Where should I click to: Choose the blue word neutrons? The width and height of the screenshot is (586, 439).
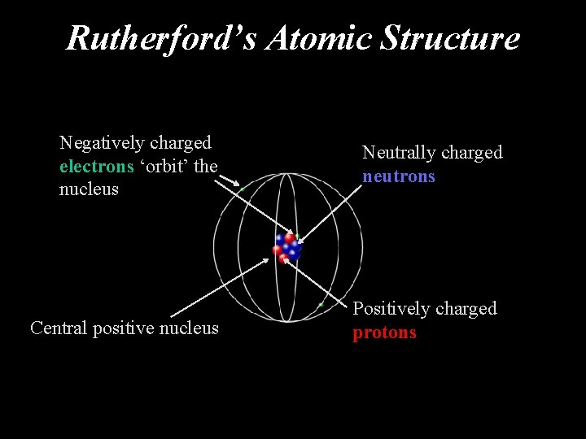click(399, 176)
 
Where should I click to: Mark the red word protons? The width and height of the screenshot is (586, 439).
click(384, 333)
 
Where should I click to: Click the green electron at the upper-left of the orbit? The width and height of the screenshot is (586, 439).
click(242, 190)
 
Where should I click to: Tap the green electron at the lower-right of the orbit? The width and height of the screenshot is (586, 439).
click(321, 305)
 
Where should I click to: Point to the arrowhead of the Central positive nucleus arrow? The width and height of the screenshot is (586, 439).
click(267, 261)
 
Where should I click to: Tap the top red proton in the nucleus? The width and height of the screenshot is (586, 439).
click(289, 238)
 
